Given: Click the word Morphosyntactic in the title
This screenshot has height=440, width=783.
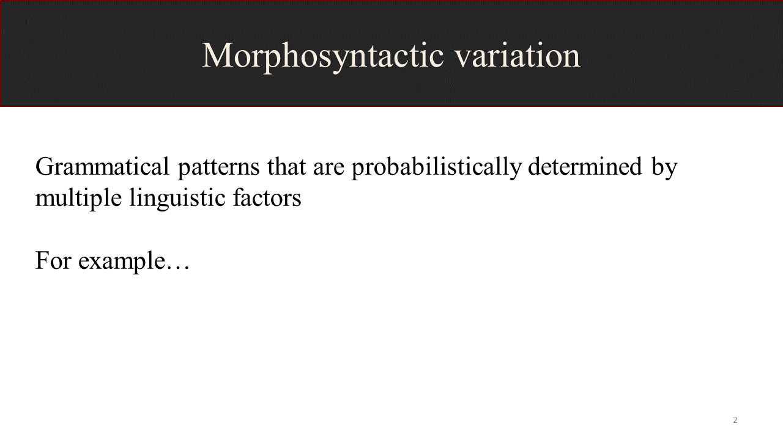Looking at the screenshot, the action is (323, 57).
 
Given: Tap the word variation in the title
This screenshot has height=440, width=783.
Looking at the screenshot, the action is (518, 55).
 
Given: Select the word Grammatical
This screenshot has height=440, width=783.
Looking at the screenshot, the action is (102, 166).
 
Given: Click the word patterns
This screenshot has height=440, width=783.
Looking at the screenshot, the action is (218, 168).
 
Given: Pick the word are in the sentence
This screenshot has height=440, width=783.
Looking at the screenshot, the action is (328, 169).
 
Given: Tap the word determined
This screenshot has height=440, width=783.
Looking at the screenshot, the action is (585, 166).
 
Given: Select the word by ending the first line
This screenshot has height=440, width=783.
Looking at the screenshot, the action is (664, 168).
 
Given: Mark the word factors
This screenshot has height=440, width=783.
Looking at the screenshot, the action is (267, 197).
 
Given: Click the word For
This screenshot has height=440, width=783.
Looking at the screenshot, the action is (53, 260).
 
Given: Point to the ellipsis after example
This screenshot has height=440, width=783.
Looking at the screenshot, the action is (177, 268).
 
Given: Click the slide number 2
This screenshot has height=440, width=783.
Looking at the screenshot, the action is (735, 420).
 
